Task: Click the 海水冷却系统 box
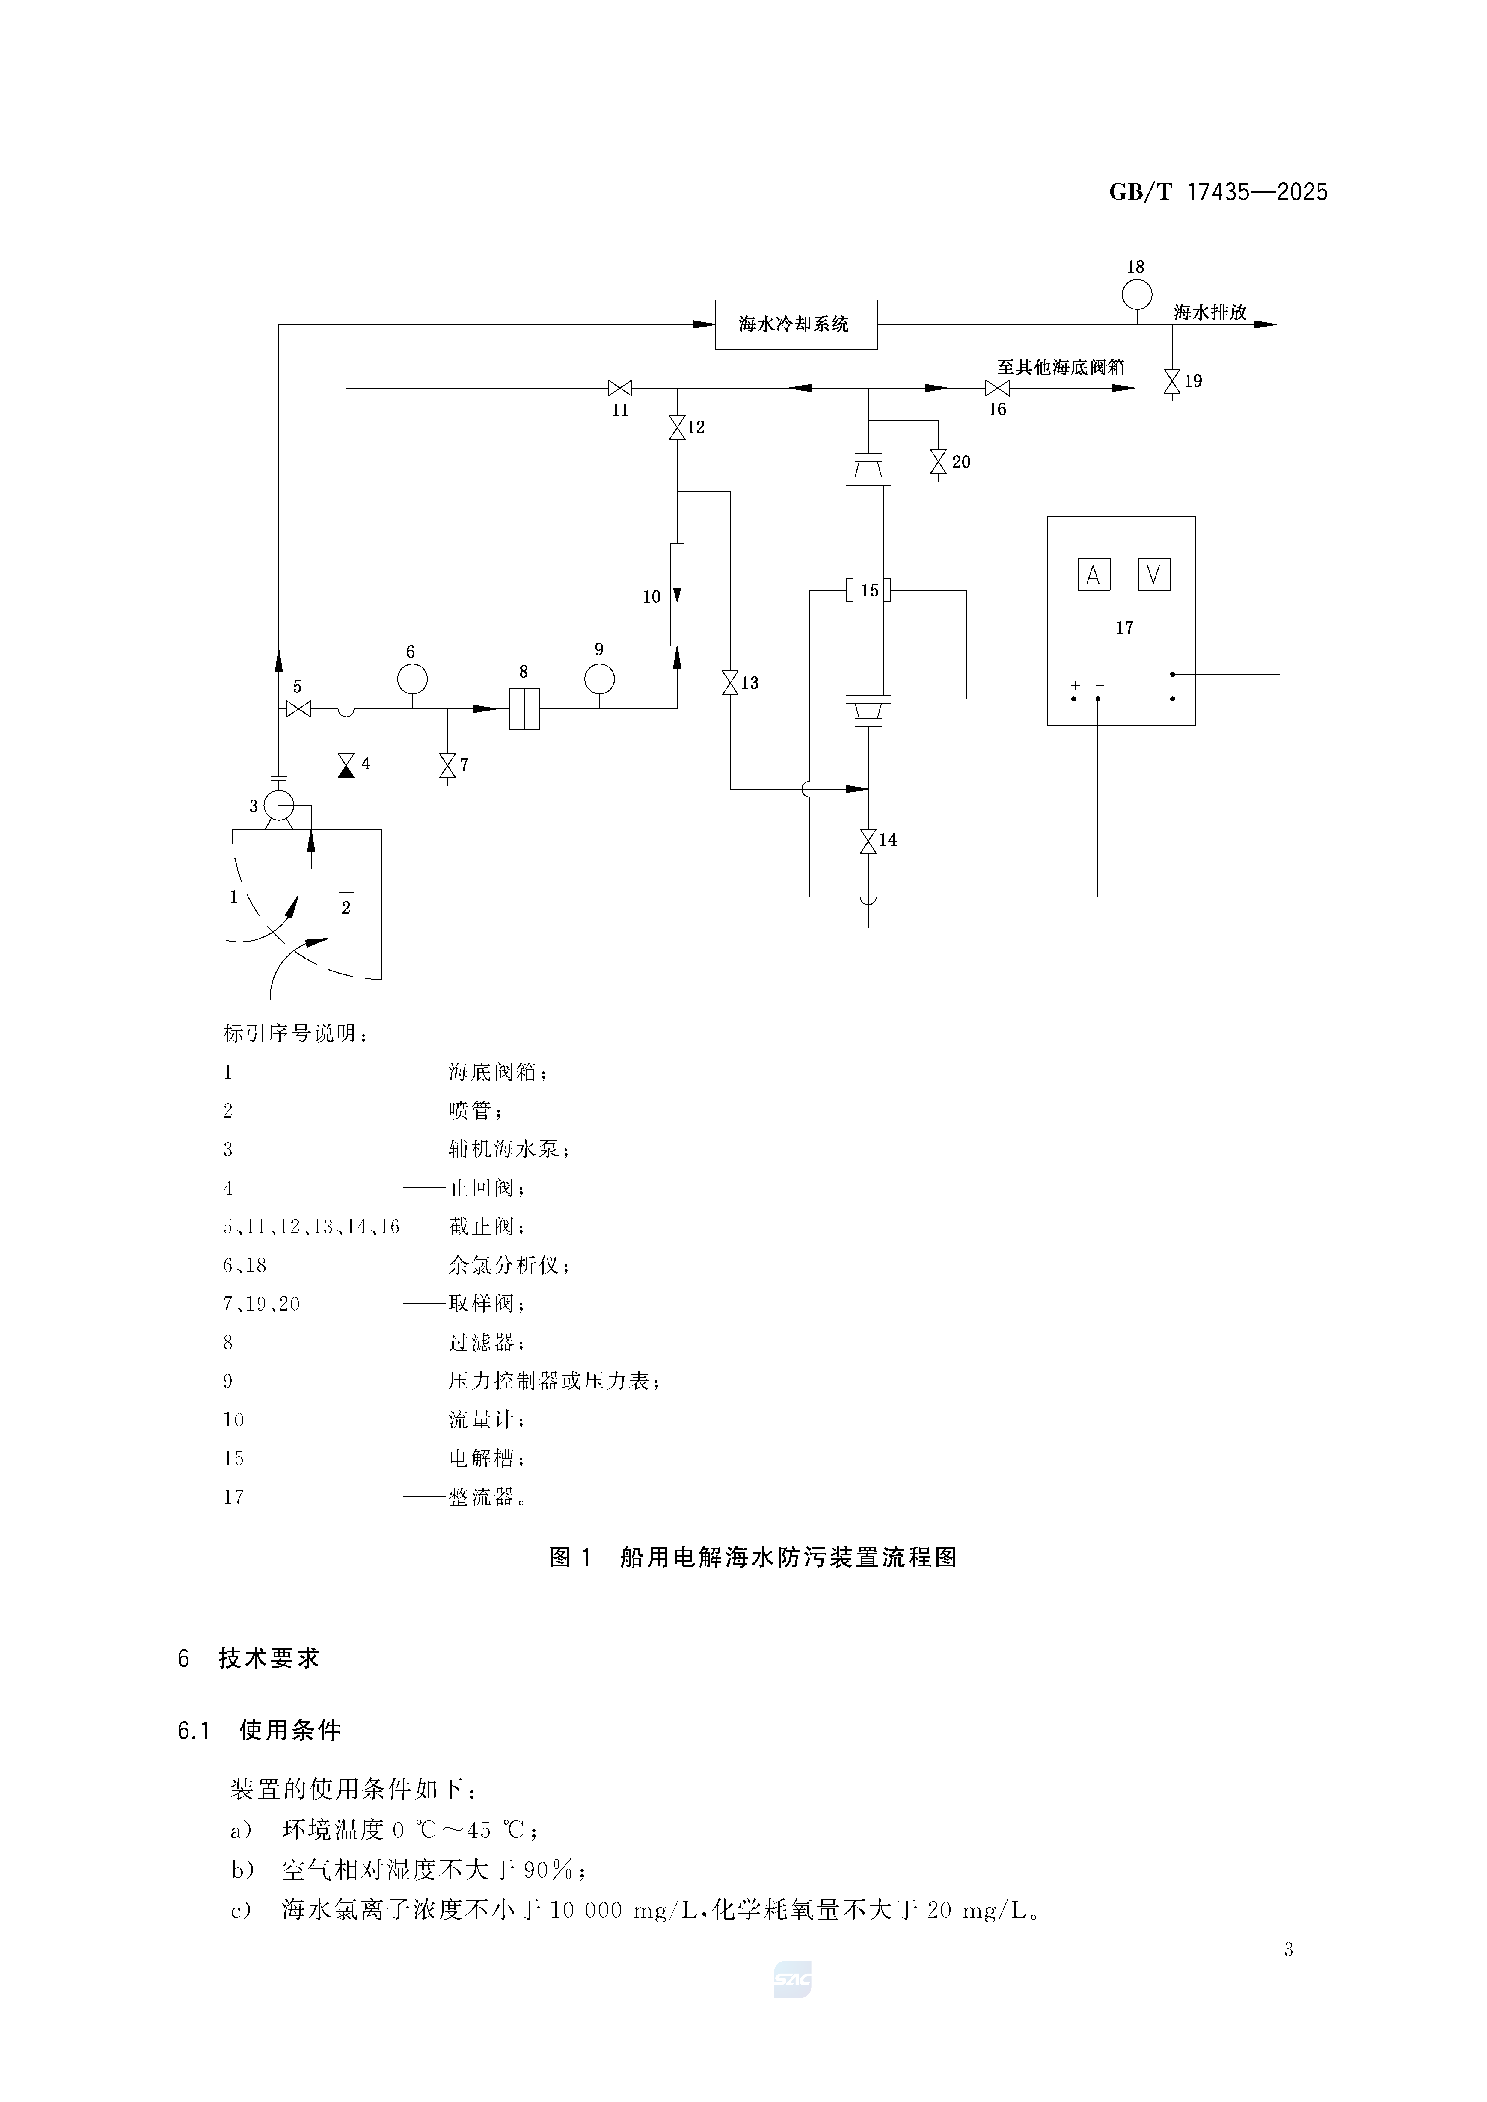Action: point(796,324)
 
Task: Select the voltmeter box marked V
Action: point(1154,574)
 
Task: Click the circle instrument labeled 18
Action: point(1136,294)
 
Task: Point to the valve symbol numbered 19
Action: point(1172,381)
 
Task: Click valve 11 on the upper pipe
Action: point(620,388)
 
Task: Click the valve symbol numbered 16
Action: point(997,388)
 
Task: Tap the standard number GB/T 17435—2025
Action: point(1218,192)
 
